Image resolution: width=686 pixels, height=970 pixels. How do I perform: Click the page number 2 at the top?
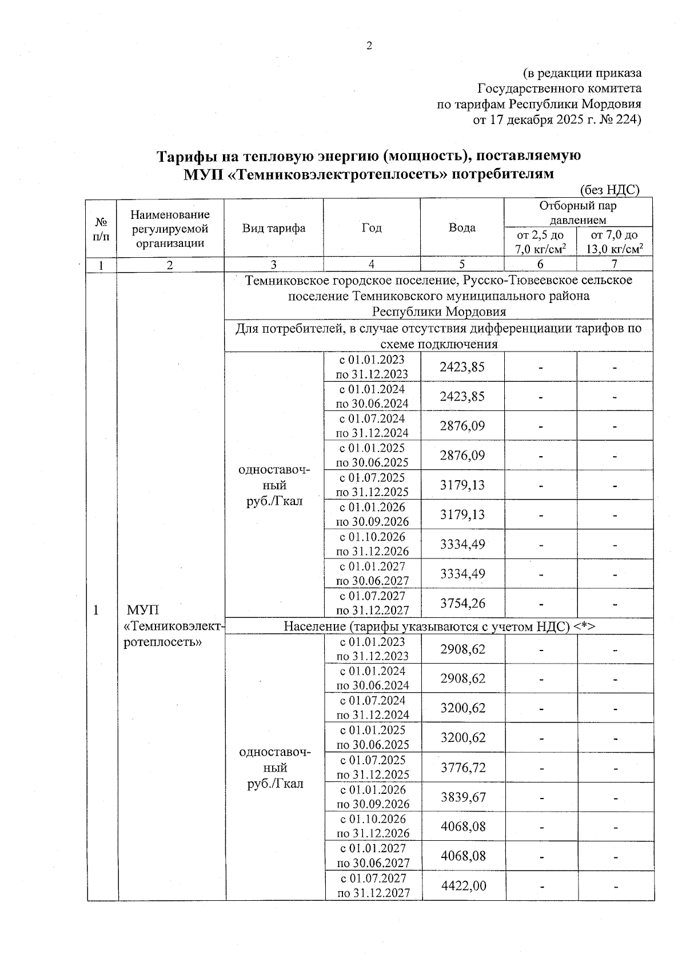369,46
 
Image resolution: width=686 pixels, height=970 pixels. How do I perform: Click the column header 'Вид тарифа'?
273,228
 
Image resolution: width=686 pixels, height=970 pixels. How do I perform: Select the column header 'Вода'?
462,227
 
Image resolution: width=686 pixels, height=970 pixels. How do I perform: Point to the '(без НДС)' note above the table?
609,190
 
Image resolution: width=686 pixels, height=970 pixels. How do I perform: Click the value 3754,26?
462,603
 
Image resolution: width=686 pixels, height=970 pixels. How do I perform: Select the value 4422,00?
464,885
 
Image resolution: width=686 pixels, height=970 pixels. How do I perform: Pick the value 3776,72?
462,767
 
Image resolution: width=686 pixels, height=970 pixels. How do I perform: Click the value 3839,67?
462,797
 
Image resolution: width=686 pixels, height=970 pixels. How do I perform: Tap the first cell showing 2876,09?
462,426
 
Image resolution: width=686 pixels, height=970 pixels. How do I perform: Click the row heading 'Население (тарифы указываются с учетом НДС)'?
439,626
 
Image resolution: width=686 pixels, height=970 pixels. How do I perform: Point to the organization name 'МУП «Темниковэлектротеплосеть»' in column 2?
171,625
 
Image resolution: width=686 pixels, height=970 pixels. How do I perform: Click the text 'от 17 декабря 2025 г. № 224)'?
557,119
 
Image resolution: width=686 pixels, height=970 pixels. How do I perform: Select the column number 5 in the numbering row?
462,264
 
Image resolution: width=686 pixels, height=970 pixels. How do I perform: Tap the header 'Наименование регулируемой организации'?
170,228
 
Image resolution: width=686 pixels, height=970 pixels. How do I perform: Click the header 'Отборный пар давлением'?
577,213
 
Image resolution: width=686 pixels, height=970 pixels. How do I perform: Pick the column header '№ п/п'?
101,228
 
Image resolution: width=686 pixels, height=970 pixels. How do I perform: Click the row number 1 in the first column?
97,609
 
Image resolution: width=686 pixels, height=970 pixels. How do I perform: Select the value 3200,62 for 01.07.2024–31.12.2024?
462,708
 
